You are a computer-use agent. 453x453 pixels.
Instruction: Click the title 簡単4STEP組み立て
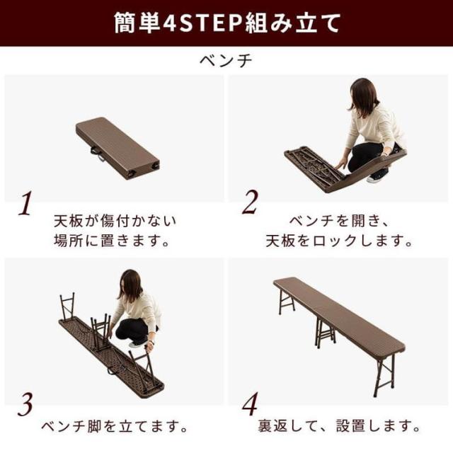click(x=227, y=23)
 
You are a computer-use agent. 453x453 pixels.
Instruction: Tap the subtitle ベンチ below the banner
click(x=226, y=61)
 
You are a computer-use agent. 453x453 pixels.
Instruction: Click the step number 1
click(x=25, y=203)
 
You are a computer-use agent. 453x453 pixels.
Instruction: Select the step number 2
click(x=250, y=202)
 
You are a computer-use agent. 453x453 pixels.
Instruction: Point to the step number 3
click(x=25, y=404)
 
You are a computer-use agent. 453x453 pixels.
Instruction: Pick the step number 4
click(x=250, y=403)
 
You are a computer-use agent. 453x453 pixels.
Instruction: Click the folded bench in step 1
click(x=117, y=148)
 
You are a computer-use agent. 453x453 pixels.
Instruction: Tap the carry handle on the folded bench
click(x=97, y=154)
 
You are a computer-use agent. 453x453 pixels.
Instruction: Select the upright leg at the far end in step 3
click(x=67, y=308)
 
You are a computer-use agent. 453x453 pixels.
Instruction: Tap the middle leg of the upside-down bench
click(x=101, y=332)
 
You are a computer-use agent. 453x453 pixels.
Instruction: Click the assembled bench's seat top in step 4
click(x=339, y=314)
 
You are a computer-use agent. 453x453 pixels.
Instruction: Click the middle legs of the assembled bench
click(x=325, y=333)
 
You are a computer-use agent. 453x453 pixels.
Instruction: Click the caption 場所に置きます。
click(x=112, y=241)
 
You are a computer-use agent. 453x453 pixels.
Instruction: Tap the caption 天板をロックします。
click(x=339, y=241)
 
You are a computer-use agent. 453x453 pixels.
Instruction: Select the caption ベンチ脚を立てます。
click(x=115, y=427)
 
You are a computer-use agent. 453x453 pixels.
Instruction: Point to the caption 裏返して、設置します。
click(x=339, y=426)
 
